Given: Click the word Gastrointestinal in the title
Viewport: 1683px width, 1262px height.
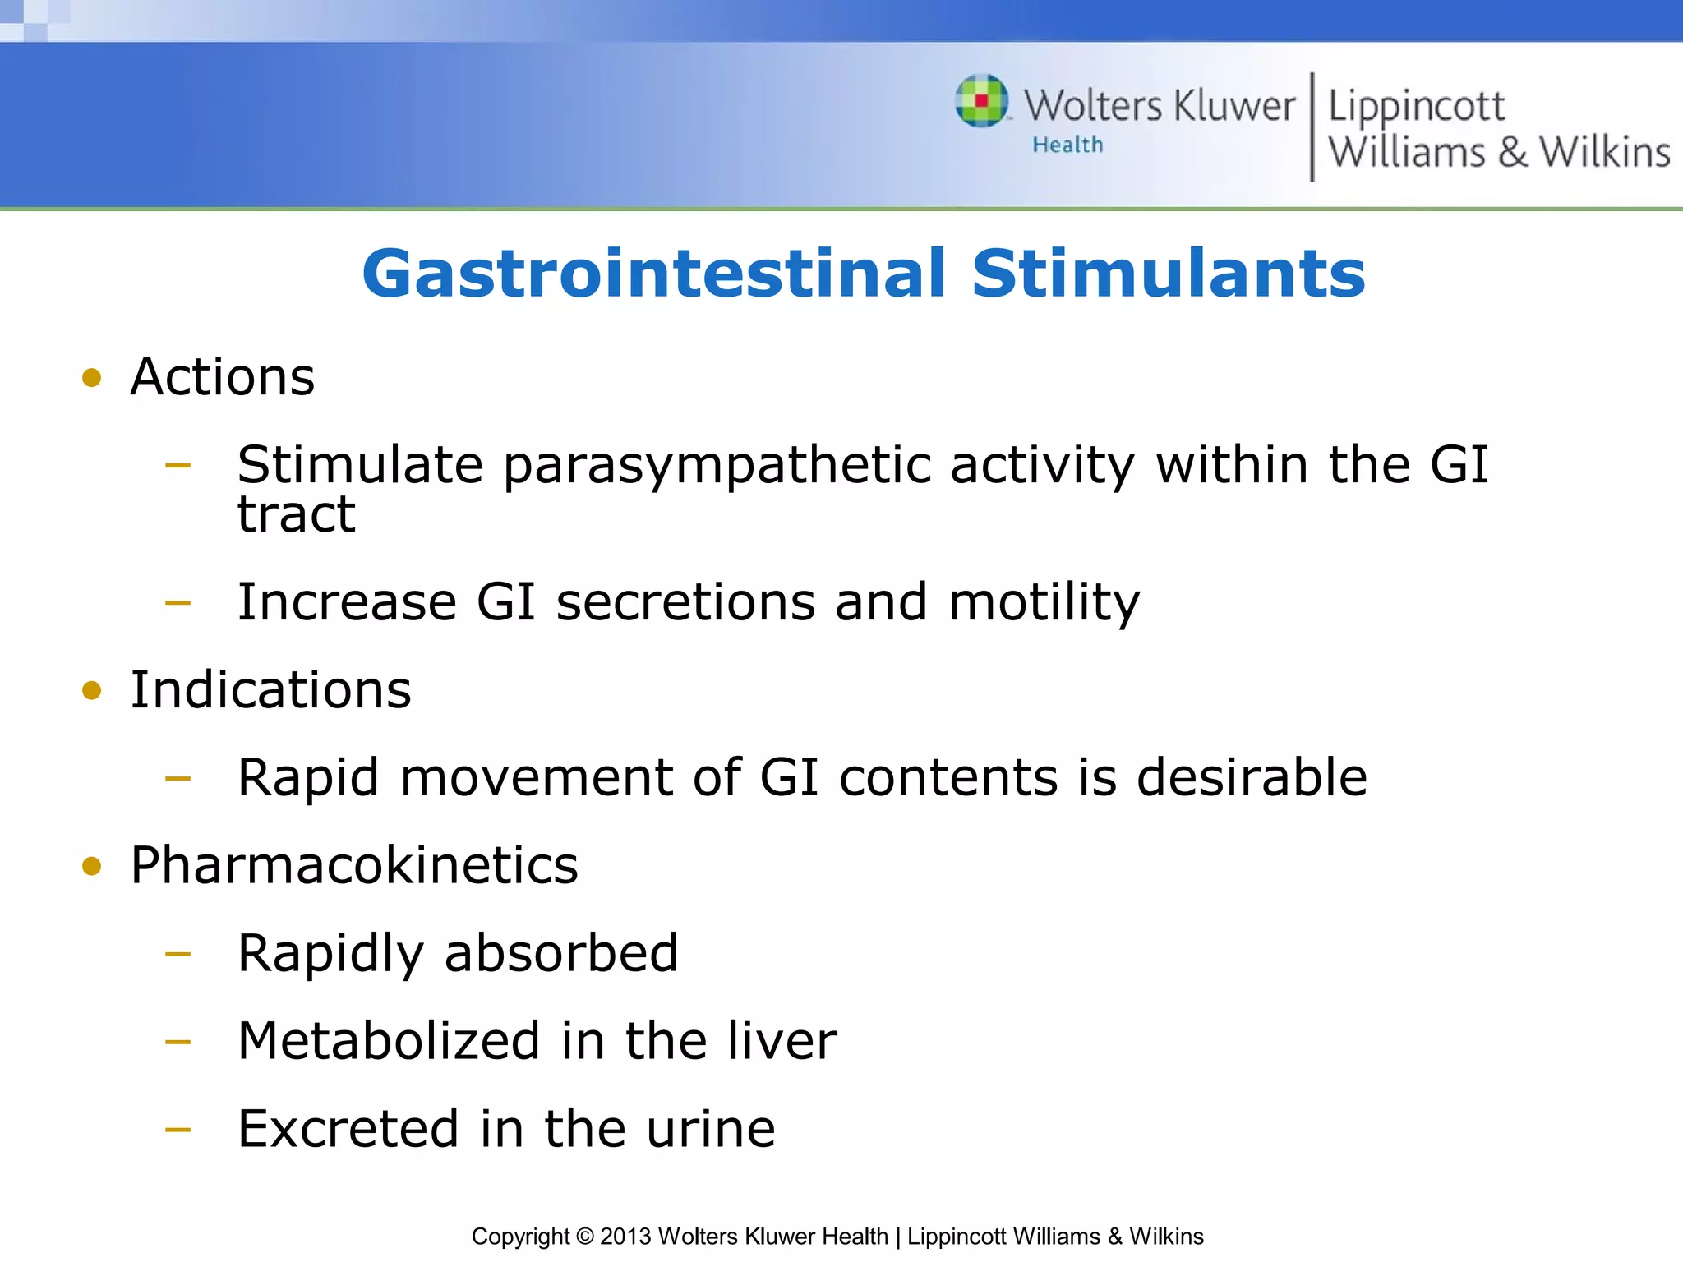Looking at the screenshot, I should (x=654, y=274).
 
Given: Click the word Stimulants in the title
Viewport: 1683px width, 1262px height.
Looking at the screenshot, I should (x=1168, y=274).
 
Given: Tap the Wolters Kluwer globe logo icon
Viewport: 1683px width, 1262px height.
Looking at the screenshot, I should (x=981, y=101).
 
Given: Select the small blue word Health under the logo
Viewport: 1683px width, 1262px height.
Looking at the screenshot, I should (x=1067, y=145).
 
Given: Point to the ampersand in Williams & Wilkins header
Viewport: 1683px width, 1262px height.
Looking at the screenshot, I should (x=1512, y=153).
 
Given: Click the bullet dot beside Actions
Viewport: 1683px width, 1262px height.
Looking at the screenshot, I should (x=92, y=378).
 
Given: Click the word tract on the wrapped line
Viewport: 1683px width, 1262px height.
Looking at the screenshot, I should (x=296, y=515).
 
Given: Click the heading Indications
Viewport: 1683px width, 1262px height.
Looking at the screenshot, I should (x=270, y=690).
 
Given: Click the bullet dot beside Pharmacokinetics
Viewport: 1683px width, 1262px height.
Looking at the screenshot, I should (x=92, y=866).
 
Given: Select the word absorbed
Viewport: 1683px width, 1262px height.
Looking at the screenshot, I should (x=561, y=953).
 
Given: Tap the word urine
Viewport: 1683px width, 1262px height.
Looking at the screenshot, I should (x=710, y=1129).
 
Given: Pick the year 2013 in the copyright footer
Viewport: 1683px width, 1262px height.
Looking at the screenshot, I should (x=625, y=1237).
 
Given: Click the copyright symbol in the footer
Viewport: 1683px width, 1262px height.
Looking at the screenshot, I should (x=584, y=1237).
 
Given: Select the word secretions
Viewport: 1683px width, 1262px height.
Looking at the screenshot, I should (x=685, y=602).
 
